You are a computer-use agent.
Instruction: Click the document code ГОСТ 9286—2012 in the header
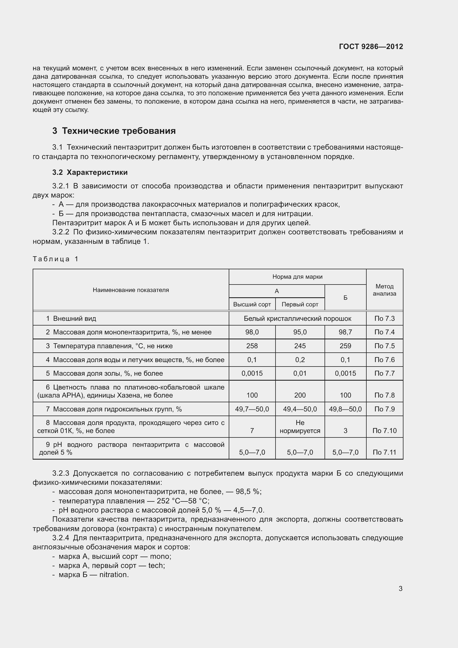point(371,47)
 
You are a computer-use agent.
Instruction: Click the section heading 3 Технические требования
point(114,131)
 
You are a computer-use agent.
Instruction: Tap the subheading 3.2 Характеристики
point(90,172)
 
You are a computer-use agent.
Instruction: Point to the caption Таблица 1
point(56,259)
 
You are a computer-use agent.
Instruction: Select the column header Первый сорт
point(300,304)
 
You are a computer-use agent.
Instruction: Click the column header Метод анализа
point(384,290)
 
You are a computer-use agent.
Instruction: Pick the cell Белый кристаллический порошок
point(297,318)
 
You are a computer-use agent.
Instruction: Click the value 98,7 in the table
point(345,332)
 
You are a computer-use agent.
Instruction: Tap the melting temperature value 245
point(300,346)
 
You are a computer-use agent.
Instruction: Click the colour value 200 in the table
point(300,395)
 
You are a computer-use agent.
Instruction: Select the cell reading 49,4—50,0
point(300,409)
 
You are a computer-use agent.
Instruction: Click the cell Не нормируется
point(300,427)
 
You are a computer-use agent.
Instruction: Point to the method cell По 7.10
point(384,431)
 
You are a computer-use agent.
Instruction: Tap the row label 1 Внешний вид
point(71,318)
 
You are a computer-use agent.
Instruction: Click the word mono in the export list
point(159,556)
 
